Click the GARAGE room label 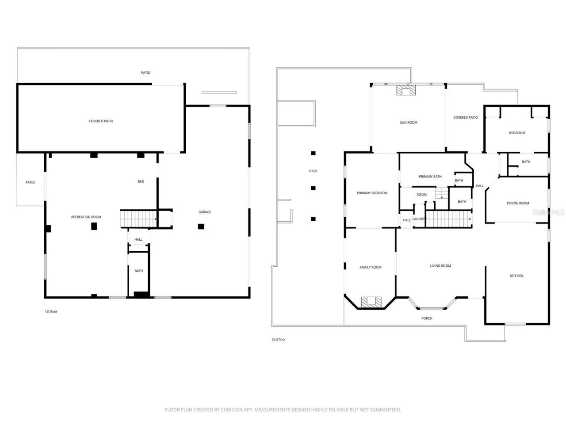pyautogui.click(x=204, y=212)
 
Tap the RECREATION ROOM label pyautogui.click(x=86, y=217)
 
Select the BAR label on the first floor pyautogui.click(x=141, y=182)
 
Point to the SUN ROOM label pyautogui.click(x=408, y=122)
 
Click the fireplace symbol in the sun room pyautogui.click(x=405, y=91)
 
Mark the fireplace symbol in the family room pyautogui.click(x=371, y=302)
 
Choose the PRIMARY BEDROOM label pyautogui.click(x=372, y=193)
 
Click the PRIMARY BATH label pyautogui.click(x=430, y=177)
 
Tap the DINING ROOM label pyautogui.click(x=518, y=203)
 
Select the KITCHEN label pyautogui.click(x=516, y=276)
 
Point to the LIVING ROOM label pyautogui.click(x=440, y=266)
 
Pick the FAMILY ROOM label pyautogui.click(x=370, y=267)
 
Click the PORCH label pyautogui.click(x=427, y=318)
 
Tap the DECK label pyautogui.click(x=313, y=171)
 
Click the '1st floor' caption pyautogui.click(x=51, y=311)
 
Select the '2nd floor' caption pyautogui.click(x=279, y=339)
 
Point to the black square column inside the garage pyautogui.click(x=201, y=227)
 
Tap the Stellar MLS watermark pyautogui.click(x=548, y=212)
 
